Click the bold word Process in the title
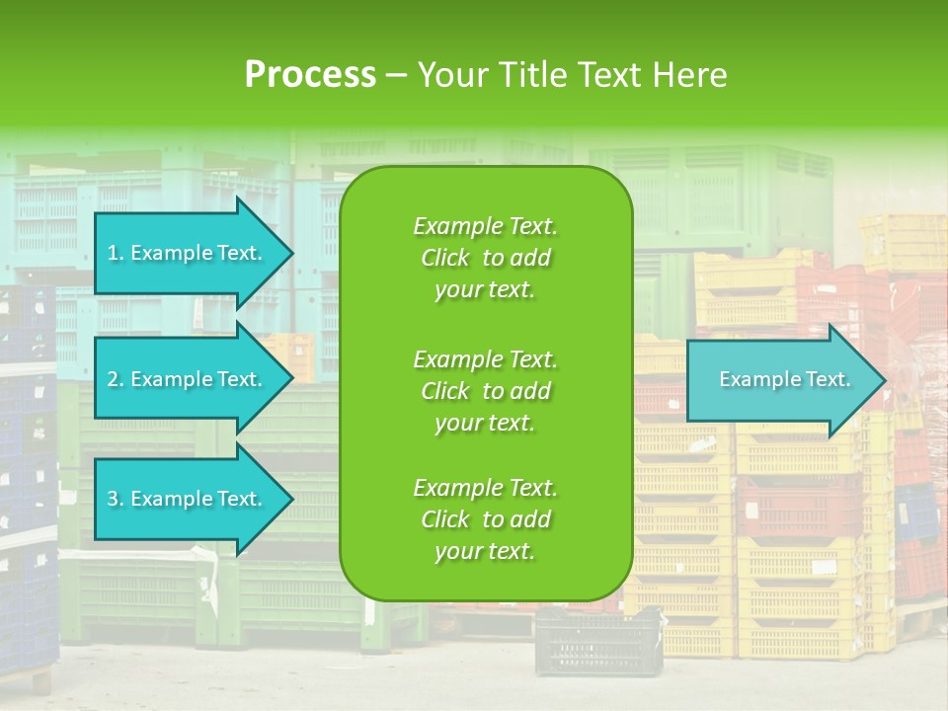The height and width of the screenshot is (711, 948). tap(310, 75)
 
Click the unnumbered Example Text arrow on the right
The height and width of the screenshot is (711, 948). tap(784, 379)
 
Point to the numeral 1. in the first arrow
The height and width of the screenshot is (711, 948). tap(116, 253)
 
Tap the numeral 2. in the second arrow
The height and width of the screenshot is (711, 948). tap(116, 379)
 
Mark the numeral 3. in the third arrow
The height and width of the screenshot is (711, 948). tap(116, 499)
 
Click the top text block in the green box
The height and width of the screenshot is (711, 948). tap(485, 258)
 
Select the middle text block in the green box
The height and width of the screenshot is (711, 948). tap(485, 391)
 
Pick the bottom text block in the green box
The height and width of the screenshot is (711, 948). tap(485, 519)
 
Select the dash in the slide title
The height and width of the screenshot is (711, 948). tap(397, 76)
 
